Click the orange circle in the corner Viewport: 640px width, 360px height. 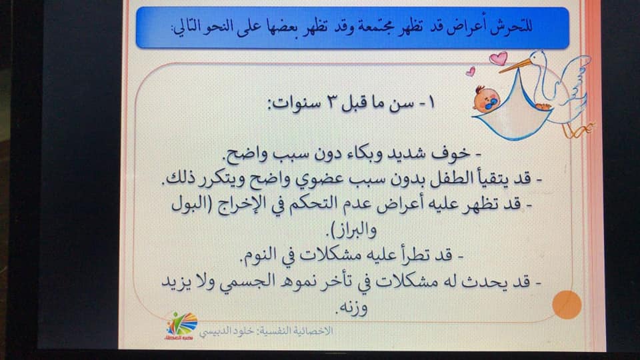(x=567, y=305)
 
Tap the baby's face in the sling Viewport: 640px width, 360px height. (x=487, y=99)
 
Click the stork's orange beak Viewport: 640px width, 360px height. (x=515, y=65)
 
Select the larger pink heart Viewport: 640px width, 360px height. (x=499, y=58)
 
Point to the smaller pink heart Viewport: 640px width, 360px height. (x=471, y=72)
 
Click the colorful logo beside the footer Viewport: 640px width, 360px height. (x=181, y=326)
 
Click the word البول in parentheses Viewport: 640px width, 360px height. (x=188, y=203)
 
